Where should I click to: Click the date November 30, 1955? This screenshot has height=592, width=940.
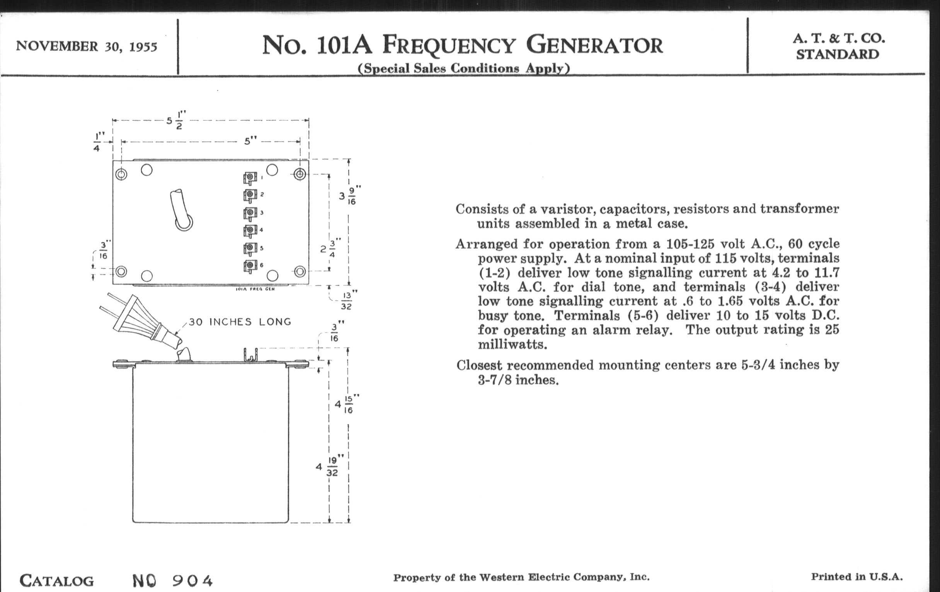pos(86,46)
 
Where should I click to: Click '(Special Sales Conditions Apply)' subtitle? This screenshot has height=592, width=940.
pos(464,68)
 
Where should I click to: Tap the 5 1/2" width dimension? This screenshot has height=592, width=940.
pos(176,121)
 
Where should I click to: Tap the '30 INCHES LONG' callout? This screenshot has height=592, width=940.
pos(240,322)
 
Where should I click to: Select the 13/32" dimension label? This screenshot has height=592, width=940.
pos(346,301)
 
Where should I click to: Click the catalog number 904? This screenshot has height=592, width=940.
pos(192,581)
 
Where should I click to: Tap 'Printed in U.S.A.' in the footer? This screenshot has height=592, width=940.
pos(857,577)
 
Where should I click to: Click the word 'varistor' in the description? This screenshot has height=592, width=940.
pos(561,209)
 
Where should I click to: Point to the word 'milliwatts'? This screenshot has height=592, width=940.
pos(512,345)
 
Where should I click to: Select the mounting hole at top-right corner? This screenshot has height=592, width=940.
pos(300,174)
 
